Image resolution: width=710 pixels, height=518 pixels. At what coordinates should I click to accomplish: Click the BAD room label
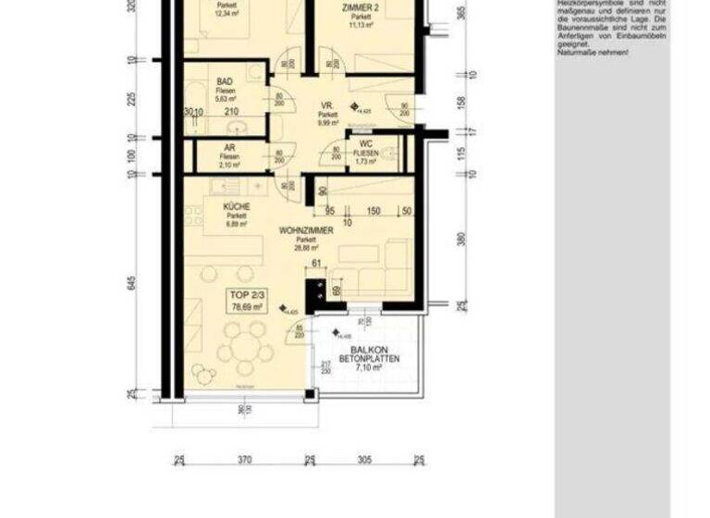pyautogui.click(x=225, y=81)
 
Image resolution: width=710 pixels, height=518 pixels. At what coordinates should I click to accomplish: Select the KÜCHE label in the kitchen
pyautogui.click(x=230, y=208)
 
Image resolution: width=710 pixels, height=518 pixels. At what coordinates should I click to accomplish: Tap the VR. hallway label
pyautogui.click(x=326, y=105)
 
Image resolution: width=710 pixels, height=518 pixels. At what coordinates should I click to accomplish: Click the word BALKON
pyautogui.click(x=369, y=349)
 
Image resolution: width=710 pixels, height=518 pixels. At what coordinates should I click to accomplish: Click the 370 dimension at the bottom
pyautogui.click(x=244, y=460)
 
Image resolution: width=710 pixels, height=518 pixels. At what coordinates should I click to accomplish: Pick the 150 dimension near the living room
pyautogui.click(x=373, y=212)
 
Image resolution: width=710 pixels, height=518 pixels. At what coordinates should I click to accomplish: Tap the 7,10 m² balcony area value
pyautogui.click(x=369, y=368)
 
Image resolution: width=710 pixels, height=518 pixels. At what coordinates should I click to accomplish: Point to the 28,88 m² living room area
pyautogui.click(x=306, y=248)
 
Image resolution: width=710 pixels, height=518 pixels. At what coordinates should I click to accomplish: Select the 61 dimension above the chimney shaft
pyautogui.click(x=315, y=265)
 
